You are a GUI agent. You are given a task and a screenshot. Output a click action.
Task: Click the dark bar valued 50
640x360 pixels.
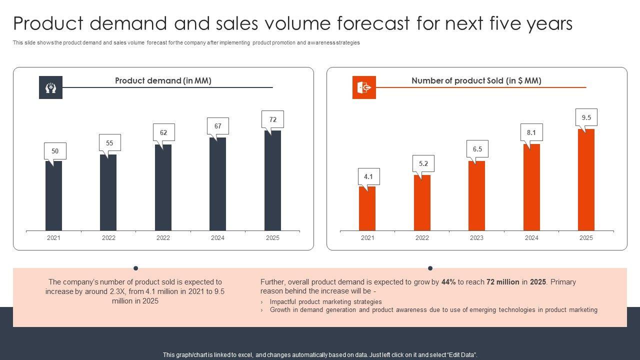click(53, 195)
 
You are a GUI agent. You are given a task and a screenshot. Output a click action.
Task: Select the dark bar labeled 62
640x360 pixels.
click(163, 187)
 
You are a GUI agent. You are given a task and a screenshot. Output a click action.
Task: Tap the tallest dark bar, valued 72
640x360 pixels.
click(272, 180)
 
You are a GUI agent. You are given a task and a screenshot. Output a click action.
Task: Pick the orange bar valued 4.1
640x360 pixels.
click(367, 208)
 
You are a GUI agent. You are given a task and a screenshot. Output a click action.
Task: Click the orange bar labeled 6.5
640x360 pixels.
click(476, 195)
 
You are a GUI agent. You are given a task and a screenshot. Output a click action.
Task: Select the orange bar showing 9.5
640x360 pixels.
click(586, 180)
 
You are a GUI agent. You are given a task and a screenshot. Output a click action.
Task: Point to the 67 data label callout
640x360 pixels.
click(218, 126)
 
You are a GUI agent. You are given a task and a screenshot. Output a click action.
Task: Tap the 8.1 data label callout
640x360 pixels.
click(531, 132)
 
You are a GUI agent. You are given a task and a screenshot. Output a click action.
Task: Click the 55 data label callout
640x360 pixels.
click(109, 143)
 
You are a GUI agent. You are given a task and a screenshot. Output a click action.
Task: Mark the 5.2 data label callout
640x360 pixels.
click(423, 163)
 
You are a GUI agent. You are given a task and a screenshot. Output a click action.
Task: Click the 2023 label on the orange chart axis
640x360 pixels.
click(476, 238)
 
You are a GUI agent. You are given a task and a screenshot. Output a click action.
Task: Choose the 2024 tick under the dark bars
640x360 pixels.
click(217, 238)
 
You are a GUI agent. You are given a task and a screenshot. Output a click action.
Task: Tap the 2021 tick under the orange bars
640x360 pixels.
click(367, 238)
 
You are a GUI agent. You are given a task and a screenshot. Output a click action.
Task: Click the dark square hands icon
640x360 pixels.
click(50, 87)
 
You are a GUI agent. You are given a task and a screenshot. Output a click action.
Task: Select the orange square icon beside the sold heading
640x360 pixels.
click(364, 87)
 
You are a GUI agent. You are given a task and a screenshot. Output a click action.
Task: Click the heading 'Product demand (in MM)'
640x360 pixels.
click(163, 80)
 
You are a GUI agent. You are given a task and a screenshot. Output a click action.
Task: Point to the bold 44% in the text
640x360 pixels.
click(448, 282)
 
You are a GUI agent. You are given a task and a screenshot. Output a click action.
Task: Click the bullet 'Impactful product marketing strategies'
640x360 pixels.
click(325, 302)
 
